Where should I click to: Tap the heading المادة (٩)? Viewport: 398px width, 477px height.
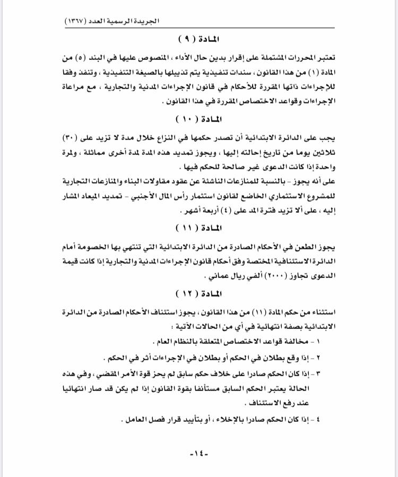(x=198, y=40)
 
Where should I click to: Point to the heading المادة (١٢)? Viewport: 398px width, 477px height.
(x=198, y=293)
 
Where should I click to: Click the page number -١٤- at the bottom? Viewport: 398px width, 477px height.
(x=199, y=455)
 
